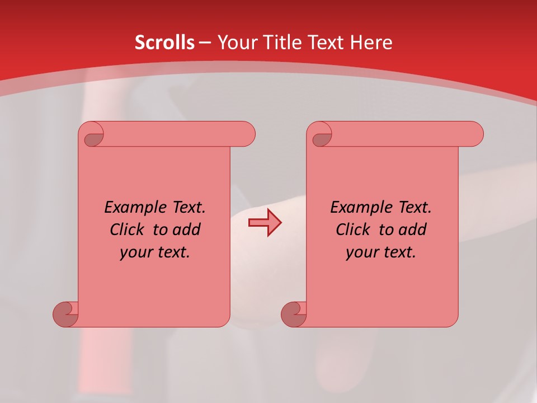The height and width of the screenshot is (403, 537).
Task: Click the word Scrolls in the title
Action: click(x=164, y=43)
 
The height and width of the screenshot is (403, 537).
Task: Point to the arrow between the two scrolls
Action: click(x=265, y=223)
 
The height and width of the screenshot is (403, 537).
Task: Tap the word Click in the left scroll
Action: click(x=128, y=229)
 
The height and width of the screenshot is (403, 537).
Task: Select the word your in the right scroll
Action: click(x=361, y=252)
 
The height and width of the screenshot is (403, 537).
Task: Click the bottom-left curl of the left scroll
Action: click(x=65, y=313)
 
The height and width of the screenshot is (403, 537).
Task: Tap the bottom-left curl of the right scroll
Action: click(x=293, y=313)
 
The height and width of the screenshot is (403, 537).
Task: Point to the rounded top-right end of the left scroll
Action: click(x=246, y=134)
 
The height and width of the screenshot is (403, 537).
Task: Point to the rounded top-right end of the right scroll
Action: click(x=474, y=134)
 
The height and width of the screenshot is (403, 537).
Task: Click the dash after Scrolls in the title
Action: click(x=205, y=43)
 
